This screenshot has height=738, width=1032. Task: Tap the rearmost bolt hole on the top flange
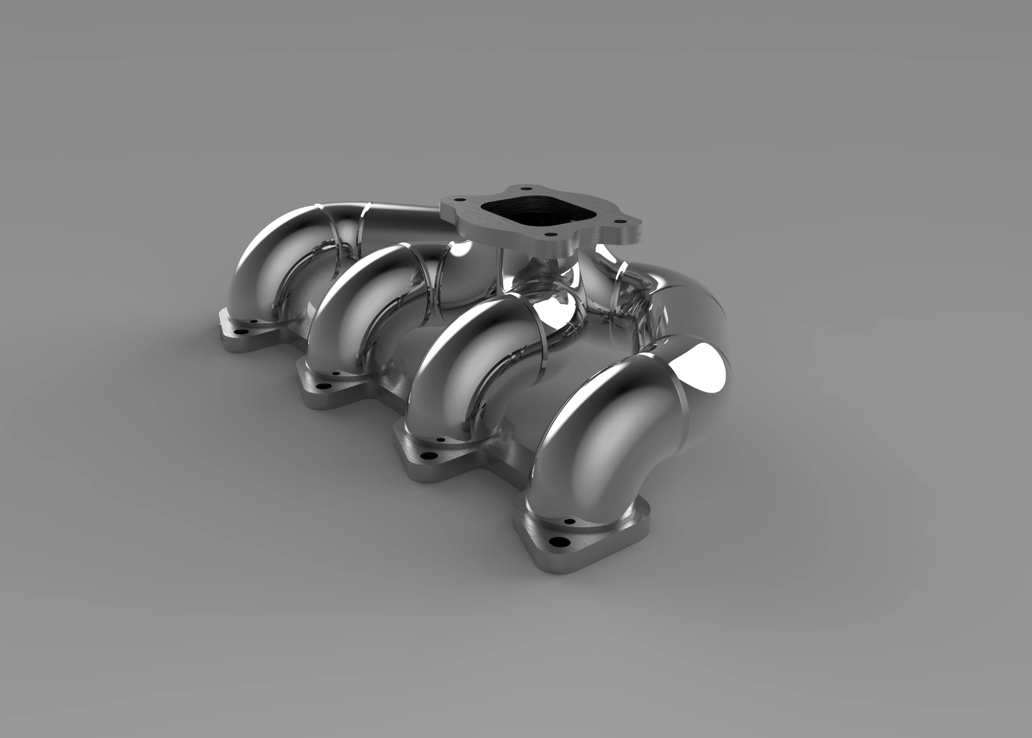[x=526, y=189]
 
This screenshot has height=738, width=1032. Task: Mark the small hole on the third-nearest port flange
[x=336, y=374]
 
